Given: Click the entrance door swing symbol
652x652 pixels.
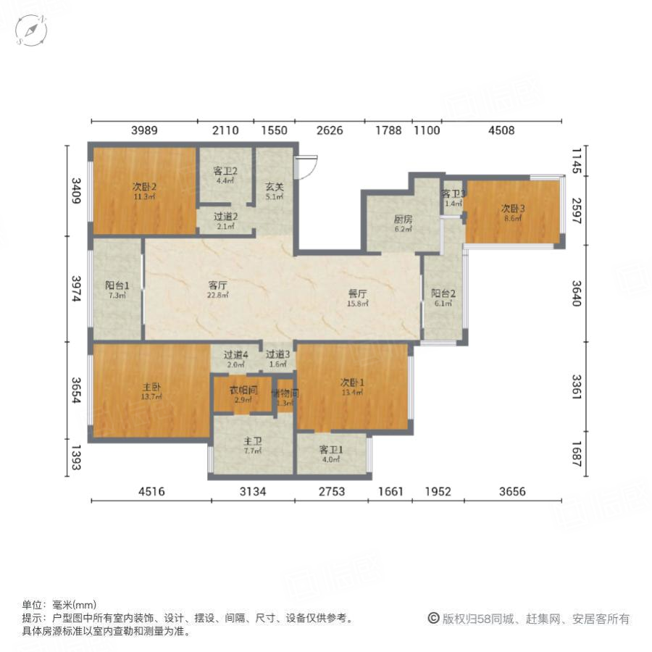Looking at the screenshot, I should coord(305,166).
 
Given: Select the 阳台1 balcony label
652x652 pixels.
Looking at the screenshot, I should coord(117,285).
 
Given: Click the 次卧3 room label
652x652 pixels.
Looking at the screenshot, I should coord(513,209).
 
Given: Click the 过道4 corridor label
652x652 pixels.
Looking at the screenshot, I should coord(236,355).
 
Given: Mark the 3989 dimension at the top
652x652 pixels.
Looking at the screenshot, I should coord(143,130).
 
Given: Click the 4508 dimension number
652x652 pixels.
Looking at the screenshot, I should coord(501,130).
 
